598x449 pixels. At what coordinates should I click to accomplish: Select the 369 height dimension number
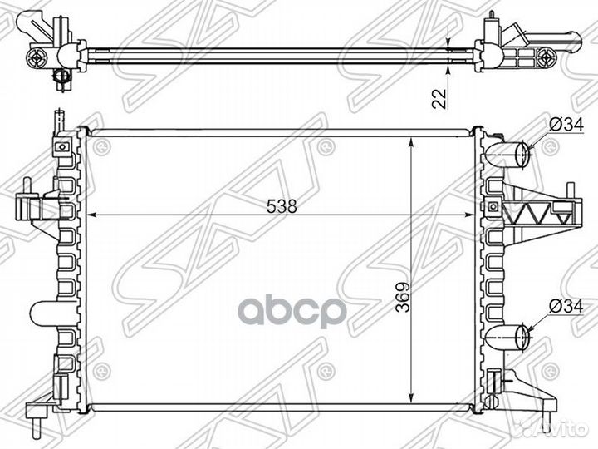click(400, 307)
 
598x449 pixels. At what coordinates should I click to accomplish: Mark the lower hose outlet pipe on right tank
click(514, 336)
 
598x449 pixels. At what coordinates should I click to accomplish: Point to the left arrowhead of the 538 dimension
click(91, 215)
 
